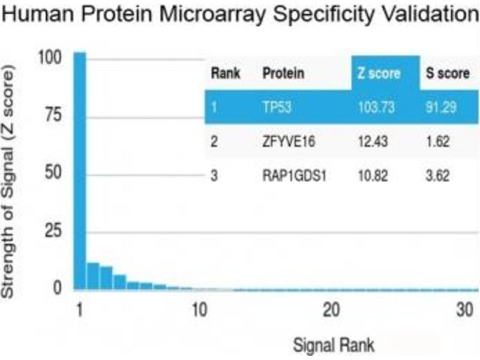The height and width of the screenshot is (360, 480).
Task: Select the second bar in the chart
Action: point(93,277)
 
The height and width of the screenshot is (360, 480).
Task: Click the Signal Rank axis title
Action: point(334,345)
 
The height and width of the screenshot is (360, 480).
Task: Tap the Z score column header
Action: point(379,74)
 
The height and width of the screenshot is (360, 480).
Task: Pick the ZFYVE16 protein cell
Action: point(287,142)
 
